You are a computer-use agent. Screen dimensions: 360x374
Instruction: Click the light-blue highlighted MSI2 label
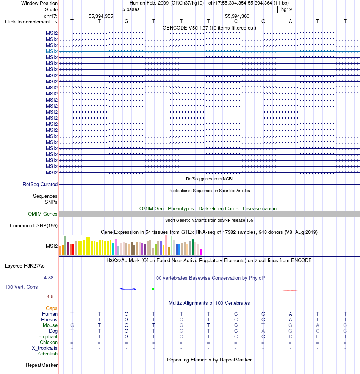point(52,51)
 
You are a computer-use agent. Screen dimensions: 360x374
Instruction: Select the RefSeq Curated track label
point(40,185)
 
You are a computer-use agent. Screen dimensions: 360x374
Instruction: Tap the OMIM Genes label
point(43,214)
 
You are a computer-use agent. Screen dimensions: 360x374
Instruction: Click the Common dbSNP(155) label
point(34,225)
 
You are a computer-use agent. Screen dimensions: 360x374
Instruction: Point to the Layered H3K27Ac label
point(25,266)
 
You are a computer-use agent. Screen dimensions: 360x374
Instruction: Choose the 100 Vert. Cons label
point(21,287)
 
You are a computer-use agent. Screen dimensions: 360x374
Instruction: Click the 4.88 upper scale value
point(49,278)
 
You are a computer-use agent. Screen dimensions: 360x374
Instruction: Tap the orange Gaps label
point(52,308)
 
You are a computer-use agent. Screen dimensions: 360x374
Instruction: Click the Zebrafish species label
point(47,354)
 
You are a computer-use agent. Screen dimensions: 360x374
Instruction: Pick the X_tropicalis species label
point(45,348)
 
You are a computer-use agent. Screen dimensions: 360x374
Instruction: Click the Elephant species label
point(48,337)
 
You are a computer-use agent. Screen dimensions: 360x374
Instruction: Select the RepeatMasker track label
point(42,365)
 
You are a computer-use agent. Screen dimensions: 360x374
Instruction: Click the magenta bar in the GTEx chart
point(200,252)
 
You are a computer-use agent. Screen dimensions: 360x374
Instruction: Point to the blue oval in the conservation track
point(128,289)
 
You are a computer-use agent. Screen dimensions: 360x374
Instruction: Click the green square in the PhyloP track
point(153,289)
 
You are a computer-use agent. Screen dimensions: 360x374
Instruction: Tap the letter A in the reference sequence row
point(290,22)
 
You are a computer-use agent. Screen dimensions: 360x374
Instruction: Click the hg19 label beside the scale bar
point(286,9)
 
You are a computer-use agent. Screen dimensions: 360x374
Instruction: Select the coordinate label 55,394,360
point(237,16)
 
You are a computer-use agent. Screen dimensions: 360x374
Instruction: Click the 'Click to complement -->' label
point(31,22)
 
